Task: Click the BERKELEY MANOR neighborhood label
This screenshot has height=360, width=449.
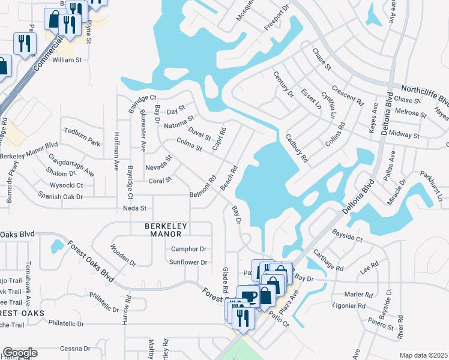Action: (x=166, y=227)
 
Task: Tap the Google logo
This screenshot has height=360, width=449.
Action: (x=19, y=353)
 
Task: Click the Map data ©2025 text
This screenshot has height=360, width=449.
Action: (x=423, y=355)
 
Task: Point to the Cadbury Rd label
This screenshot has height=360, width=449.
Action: (x=297, y=149)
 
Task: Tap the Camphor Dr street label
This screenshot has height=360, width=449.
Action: (x=189, y=249)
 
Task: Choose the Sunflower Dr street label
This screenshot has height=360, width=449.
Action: (x=188, y=262)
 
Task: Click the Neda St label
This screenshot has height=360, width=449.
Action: (x=134, y=208)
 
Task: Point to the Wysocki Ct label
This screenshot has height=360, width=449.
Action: (x=66, y=185)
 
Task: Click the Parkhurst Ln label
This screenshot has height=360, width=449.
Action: (x=431, y=187)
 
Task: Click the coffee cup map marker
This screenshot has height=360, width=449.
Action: (x=248, y=296)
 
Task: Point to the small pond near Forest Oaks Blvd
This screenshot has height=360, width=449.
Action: (x=57, y=247)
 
